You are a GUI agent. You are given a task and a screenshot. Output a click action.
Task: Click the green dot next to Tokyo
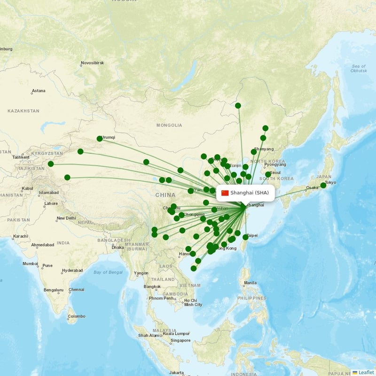pyautogui.click(x=323, y=185)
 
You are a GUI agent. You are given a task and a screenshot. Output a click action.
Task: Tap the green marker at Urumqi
pyautogui.click(x=100, y=139)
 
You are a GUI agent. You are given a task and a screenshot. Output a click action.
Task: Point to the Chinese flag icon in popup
pyautogui.click(x=225, y=193)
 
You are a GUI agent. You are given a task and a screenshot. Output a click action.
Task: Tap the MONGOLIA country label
pyautogui.click(x=169, y=125)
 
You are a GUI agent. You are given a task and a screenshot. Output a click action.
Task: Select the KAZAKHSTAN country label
pyautogui.click(x=23, y=111)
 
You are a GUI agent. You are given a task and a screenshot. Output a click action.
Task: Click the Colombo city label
pyautogui.click(x=77, y=316)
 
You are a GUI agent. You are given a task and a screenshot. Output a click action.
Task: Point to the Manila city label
pyautogui.click(x=251, y=282)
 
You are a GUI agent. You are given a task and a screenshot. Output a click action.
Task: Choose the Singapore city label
pyautogui.click(x=180, y=340)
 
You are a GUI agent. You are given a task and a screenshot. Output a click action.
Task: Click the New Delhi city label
pyautogui.click(x=66, y=218)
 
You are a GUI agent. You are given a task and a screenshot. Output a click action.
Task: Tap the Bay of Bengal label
pyautogui.click(x=108, y=272)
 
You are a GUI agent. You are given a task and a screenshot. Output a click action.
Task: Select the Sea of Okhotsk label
pyautogui.click(x=358, y=68)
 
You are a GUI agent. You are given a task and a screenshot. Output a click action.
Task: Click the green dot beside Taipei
pyautogui.click(x=245, y=237)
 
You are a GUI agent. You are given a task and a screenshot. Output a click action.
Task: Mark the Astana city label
pyautogui.click(x=39, y=91)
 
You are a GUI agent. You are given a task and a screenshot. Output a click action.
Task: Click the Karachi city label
pyautogui.click(x=21, y=236)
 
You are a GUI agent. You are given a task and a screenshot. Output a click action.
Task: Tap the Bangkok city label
pyautogui.click(x=152, y=287)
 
